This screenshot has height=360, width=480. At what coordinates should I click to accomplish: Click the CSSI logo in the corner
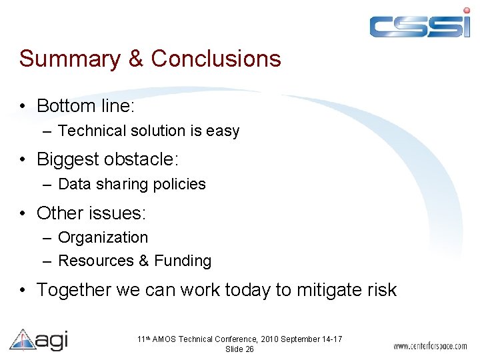click(x=420, y=25)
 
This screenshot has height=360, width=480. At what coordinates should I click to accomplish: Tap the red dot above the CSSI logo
click(x=466, y=10)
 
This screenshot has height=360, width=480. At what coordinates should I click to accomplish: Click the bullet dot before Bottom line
click(x=23, y=107)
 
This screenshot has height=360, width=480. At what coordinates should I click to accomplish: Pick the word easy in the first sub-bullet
click(x=223, y=131)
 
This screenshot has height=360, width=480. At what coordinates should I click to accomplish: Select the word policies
click(x=179, y=185)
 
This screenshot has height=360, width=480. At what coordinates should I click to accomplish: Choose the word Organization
click(x=103, y=238)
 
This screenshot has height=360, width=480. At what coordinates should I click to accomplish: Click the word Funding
click(x=183, y=261)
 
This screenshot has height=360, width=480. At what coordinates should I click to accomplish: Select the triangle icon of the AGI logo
click(x=21, y=340)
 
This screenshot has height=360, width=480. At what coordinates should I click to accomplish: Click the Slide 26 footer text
click(x=239, y=349)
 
